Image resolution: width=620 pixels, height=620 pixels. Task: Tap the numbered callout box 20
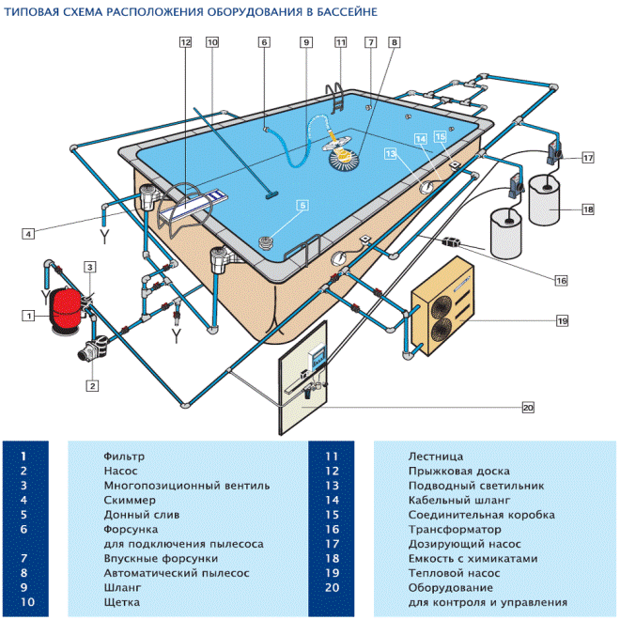pos(528,407)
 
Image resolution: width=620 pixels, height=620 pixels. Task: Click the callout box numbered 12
pos(185,42)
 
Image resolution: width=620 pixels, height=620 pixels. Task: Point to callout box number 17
pos(588,158)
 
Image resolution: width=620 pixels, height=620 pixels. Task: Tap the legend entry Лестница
pos(436,457)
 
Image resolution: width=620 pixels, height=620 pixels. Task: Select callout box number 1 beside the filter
pos(30,317)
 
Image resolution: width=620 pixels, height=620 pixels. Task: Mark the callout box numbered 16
pos(561,280)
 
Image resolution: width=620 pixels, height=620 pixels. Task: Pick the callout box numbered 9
pos(305,42)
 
